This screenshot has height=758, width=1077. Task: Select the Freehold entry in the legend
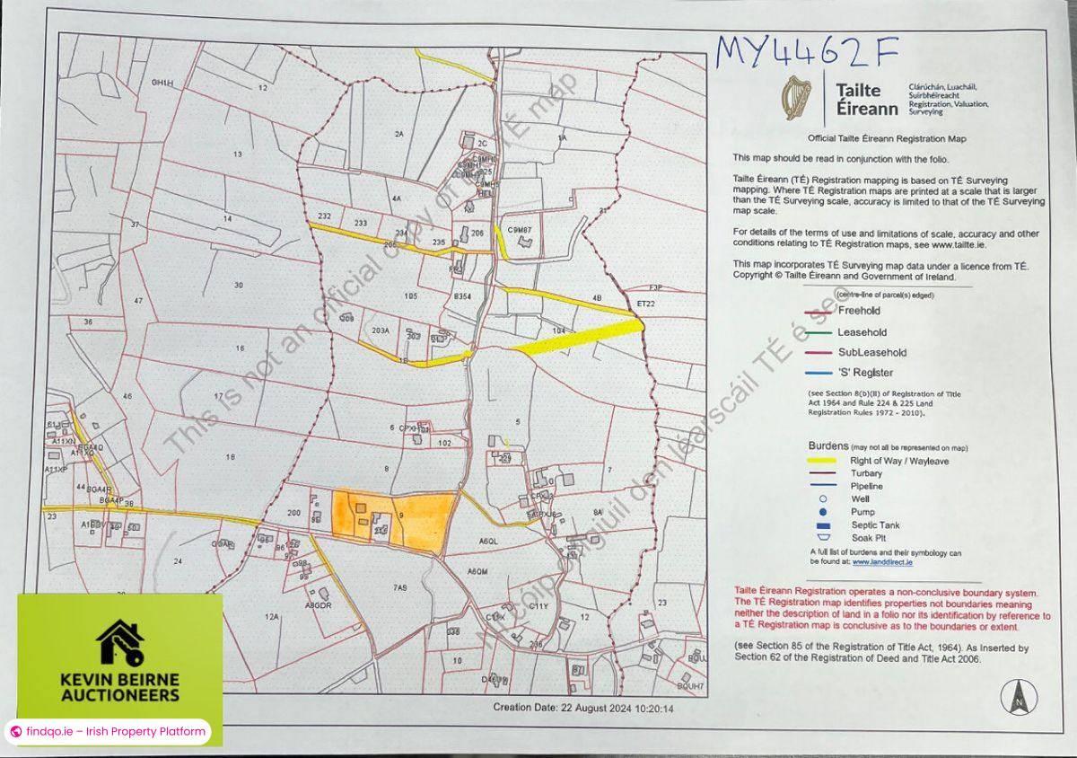(859, 312)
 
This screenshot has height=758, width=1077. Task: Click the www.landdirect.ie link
(882, 562)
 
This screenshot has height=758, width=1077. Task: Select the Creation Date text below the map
(595, 708)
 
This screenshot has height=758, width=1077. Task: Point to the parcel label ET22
(646, 304)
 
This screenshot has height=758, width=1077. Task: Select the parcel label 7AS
(400, 587)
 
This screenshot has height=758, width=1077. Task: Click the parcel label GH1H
(162, 83)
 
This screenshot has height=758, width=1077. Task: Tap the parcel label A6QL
(488, 542)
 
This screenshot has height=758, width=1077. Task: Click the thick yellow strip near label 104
(579, 339)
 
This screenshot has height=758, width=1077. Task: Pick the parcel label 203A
(381, 331)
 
